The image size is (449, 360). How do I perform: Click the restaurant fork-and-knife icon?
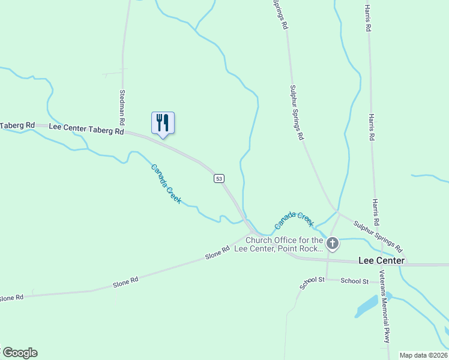click(x=163, y=123)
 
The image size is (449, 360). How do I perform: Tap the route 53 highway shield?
click(x=219, y=178)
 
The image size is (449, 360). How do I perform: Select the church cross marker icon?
click(x=333, y=244)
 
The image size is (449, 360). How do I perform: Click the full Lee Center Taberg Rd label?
click(x=86, y=128)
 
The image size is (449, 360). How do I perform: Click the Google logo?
click(x=19, y=353)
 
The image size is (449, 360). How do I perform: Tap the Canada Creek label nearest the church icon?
click(x=294, y=220)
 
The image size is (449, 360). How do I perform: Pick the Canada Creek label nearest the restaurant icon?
click(x=166, y=184)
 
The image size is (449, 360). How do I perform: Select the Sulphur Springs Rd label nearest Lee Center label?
click(x=378, y=236)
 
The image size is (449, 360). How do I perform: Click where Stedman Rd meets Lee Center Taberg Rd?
click(x=124, y=132)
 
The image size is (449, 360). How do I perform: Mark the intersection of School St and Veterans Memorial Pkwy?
click(x=379, y=281)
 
